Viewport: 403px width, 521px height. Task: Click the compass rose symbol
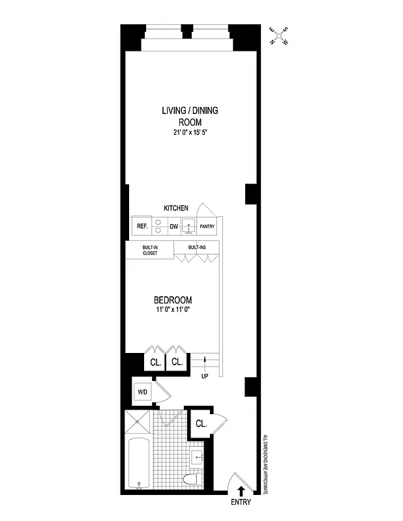[282, 36]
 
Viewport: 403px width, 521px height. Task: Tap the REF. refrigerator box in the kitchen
[141, 227]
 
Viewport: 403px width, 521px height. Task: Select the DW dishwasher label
[174, 227]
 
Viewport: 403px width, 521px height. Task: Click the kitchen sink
[188, 227]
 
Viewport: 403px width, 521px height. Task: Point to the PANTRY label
[207, 227]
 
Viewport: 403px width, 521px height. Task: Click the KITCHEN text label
[175, 208]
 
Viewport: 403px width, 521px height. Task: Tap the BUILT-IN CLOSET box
[150, 250]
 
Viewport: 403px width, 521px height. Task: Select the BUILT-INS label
[196, 247]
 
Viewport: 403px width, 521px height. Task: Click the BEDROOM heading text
[173, 300]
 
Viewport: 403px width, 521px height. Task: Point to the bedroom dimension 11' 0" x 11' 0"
[173, 310]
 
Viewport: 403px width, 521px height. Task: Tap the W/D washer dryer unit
[142, 392]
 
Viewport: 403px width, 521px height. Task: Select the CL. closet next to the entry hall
[201, 424]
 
